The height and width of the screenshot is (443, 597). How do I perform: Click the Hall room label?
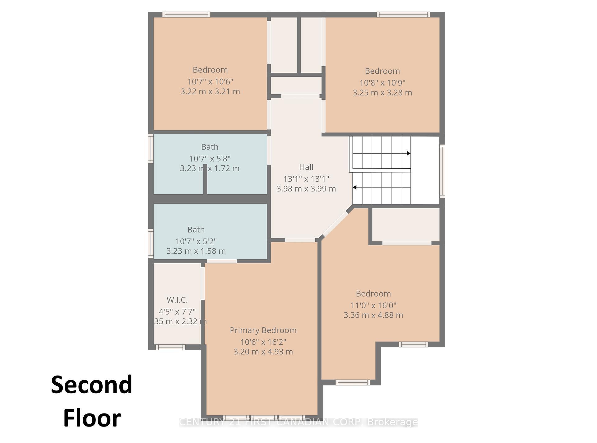click(306, 167)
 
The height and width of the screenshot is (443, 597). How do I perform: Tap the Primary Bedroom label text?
click(263, 330)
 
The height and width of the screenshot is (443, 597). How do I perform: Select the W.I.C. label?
click(177, 300)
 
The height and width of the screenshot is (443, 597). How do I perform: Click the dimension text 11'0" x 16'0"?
click(373, 305)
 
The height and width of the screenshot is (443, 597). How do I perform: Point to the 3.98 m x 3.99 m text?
click(306, 189)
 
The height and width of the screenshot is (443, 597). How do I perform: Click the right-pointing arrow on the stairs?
click(409, 153)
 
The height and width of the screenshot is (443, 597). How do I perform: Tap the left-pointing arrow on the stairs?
click(354, 187)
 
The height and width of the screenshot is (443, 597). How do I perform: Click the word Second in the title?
click(91, 385)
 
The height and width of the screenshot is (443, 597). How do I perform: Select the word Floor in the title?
click(92, 418)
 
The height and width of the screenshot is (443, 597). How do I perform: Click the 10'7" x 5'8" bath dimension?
click(210, 159)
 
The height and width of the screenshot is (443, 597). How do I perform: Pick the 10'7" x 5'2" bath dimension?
click(196, 241)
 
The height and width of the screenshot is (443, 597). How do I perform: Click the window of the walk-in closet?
click(170, 347)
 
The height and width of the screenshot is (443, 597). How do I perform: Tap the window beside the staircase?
click(442, 171)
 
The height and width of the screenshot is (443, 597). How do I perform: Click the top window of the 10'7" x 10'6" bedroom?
click(186, 14)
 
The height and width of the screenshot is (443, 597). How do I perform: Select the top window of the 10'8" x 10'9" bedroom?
click(403, 14)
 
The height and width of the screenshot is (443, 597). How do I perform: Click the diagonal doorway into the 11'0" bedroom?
click(335, 224)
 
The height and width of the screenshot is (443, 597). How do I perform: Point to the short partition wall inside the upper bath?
click(205, 180)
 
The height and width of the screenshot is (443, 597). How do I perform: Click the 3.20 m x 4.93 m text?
click(263, 352)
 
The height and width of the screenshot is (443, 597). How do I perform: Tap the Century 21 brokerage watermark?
click(298, 422)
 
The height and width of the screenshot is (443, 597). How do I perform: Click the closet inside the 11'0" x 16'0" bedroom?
click(406, 224)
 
